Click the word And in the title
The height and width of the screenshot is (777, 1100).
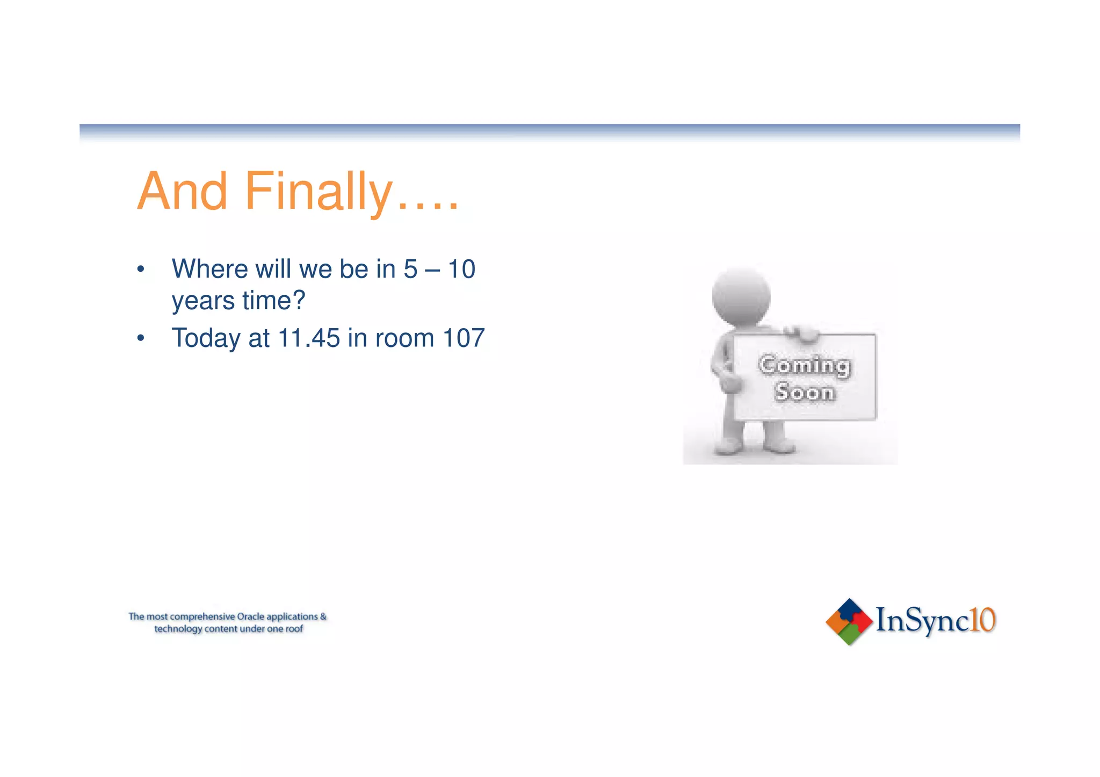(183, 192)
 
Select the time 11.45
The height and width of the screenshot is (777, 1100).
(309, 338)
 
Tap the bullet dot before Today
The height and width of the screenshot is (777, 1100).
(141, 339)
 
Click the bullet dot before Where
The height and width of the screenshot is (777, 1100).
(141, 269)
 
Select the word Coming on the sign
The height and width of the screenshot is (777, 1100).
(804, 366)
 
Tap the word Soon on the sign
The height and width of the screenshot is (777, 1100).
(805, 393)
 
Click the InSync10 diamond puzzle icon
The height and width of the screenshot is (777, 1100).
(849, 622)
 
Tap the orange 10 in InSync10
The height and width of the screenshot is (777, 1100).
(983, 620)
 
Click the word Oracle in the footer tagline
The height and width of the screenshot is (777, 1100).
(250, 616)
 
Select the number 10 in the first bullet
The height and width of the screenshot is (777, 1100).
(461, 269)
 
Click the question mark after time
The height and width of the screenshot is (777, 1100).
(299, 300)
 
